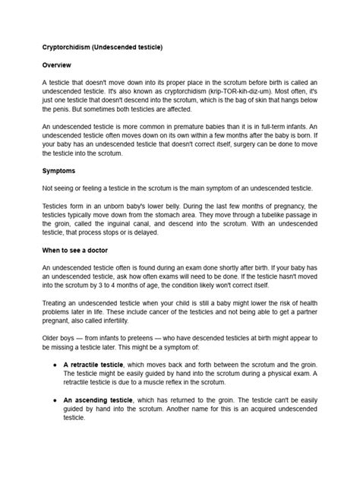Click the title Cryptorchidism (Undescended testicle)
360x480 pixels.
click(102, 48)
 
